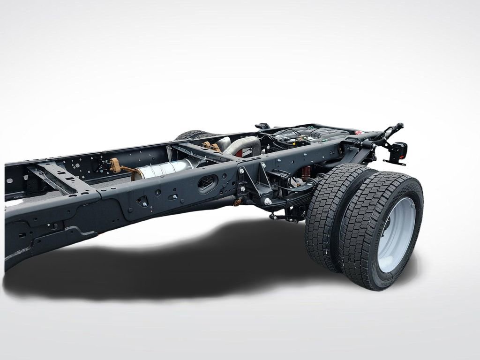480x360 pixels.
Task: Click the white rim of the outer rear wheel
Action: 397,234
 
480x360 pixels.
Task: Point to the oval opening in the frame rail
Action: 207,183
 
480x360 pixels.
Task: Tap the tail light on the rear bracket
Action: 399,151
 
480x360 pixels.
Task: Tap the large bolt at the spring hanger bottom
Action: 268,202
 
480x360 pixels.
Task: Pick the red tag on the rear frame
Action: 358,133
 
